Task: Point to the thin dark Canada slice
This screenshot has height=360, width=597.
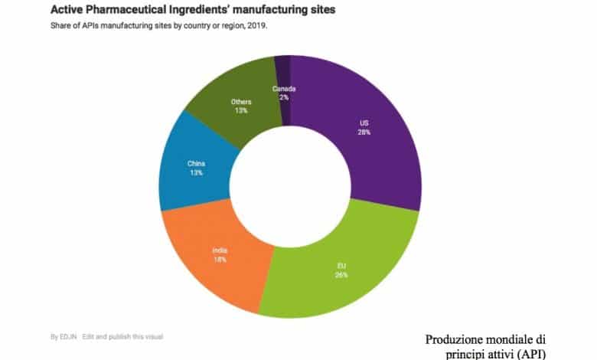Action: click(282, 69)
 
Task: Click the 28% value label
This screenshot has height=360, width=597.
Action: click(364, 132)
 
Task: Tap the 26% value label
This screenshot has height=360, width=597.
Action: click(341, 274)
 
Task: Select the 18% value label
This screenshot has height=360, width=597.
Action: click(220, 260)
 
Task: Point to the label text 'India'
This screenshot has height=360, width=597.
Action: click(220, 250)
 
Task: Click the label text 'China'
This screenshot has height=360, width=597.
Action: click(196, 162)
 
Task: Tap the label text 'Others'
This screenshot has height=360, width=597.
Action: click(241, 101)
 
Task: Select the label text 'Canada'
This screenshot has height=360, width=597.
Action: click(283, 89)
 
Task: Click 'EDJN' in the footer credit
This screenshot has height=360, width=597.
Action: click(67, 336)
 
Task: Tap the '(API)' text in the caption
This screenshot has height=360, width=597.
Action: click(529, 353)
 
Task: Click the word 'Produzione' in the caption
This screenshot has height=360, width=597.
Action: click(456, 339)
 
